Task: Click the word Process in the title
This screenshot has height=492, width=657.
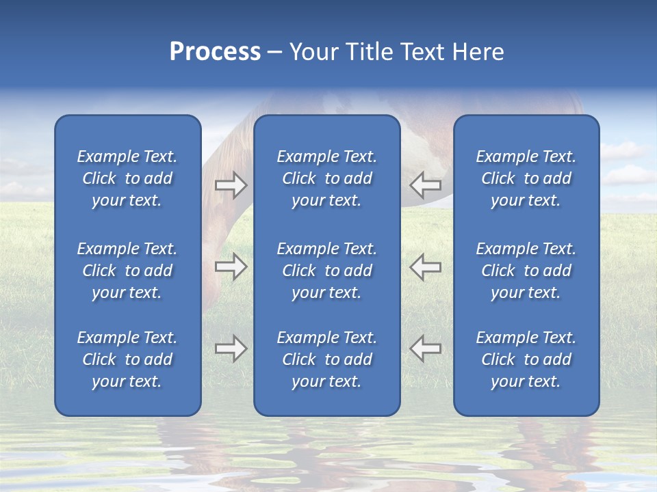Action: coord(215,52)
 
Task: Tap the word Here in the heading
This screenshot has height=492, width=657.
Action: coord(478,52)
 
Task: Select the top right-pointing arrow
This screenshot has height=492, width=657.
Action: coord(231,184)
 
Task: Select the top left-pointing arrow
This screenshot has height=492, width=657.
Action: coord(425,184)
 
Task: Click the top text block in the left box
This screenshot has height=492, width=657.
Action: coord(127,178)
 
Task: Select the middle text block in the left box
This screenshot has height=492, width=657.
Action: coord(127,271)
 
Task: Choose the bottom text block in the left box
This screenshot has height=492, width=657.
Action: coord(127,359)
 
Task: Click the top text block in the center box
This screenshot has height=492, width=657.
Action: coord(327,178)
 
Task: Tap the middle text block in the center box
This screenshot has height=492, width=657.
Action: coord(327,271)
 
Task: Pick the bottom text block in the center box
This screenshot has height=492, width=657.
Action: coord(327,359)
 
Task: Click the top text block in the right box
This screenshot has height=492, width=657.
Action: coord(526,178)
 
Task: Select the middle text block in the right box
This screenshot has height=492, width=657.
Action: coord(526,271)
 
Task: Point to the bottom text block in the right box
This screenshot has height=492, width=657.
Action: coord(526,359)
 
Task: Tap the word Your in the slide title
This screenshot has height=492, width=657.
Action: coord(313,52)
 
